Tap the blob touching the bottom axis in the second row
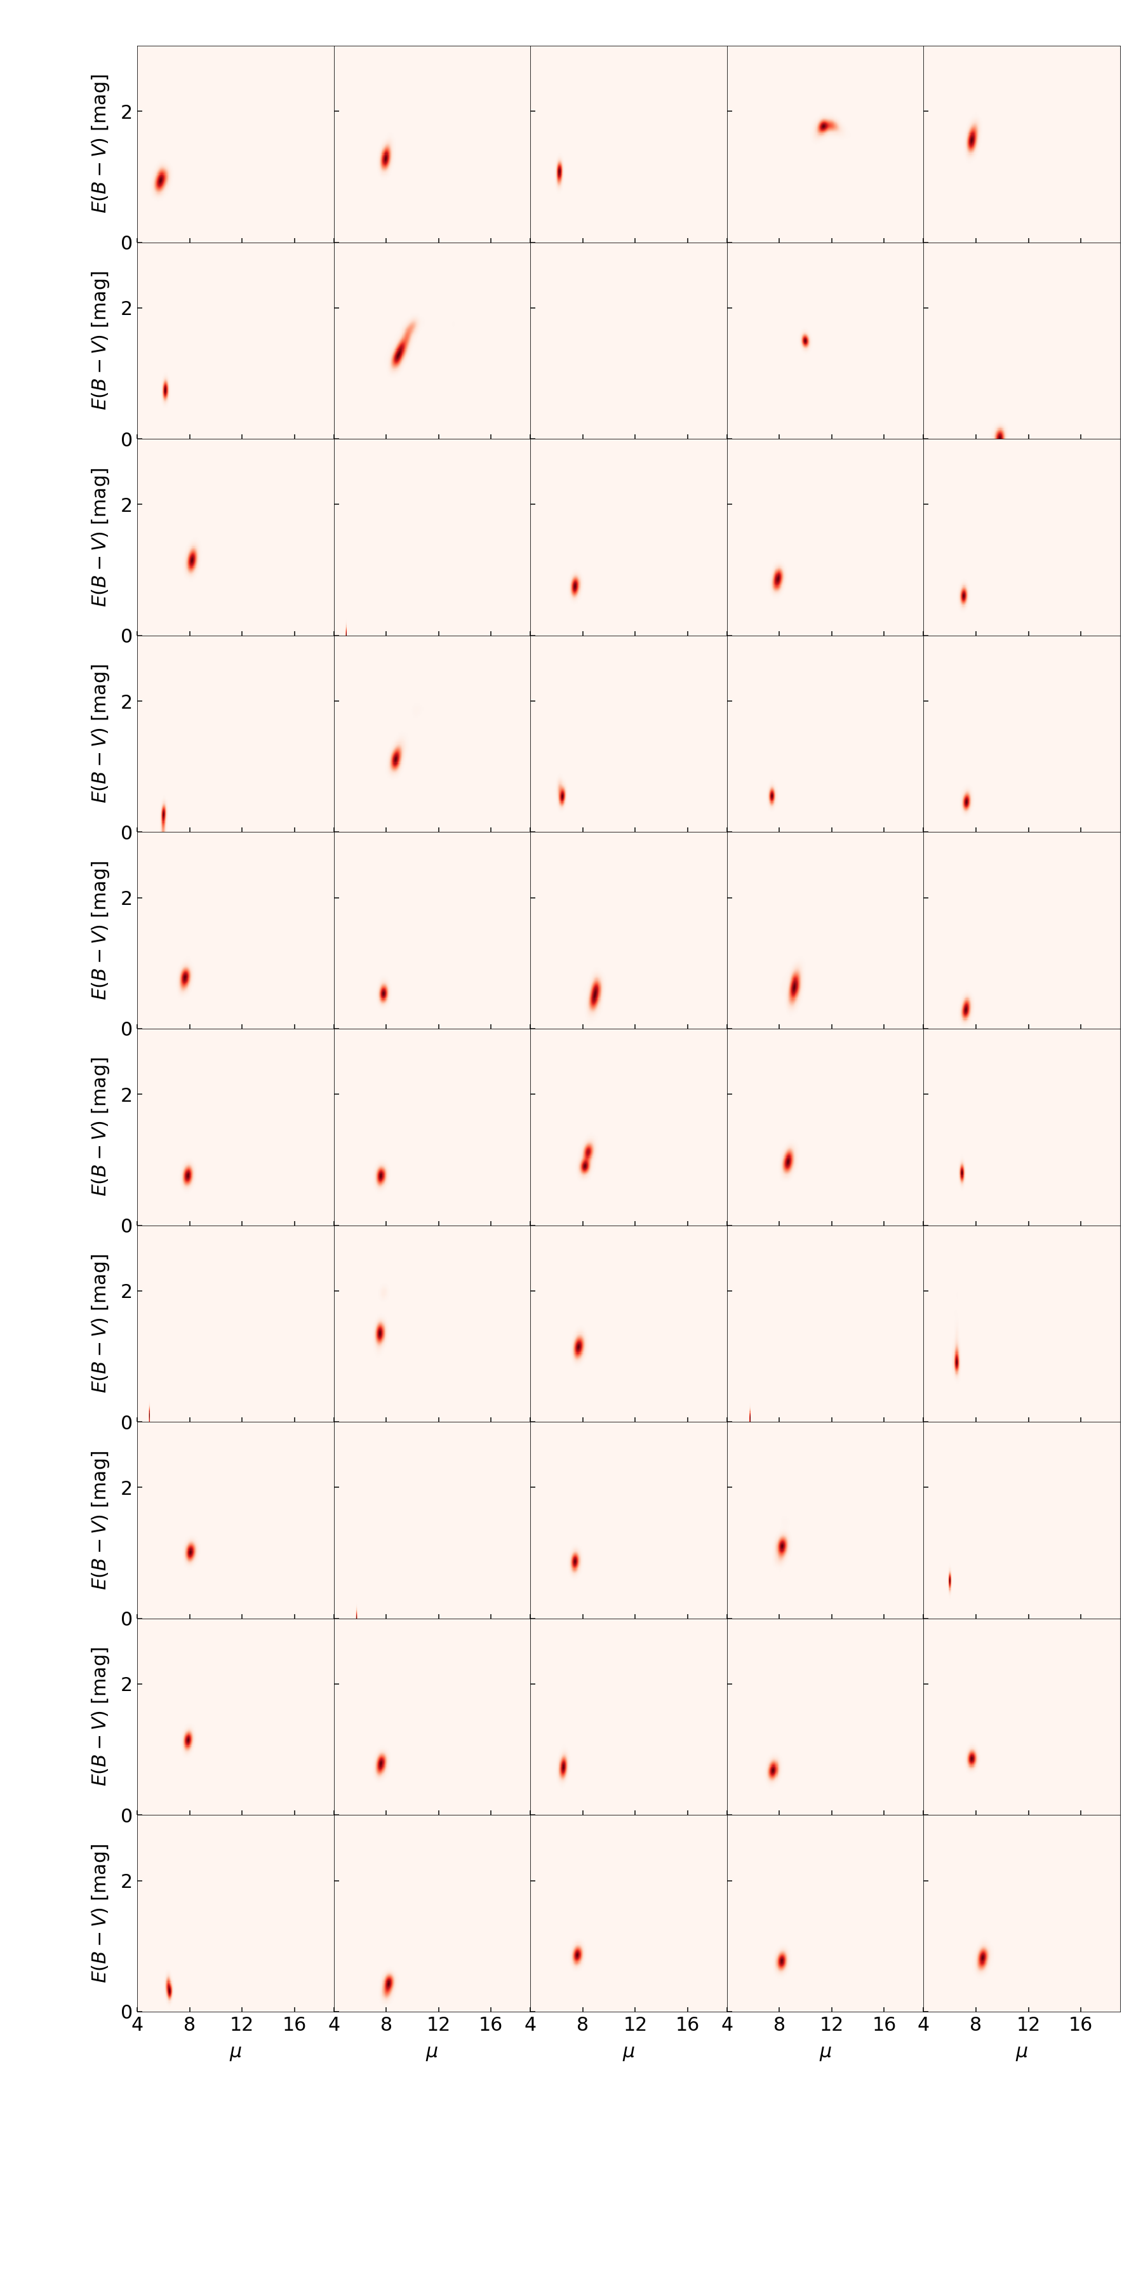pos(999,434)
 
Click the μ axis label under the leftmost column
pos(235,2051)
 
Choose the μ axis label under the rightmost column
pos(1022,2051)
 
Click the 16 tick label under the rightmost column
pos(1080,2024)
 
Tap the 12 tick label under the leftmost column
pos(241,2024)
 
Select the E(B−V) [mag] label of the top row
pos(100,144)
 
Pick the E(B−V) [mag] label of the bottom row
pos(100,1913)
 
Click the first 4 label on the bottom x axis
pos(138,2024)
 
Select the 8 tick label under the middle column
pos(582,2024)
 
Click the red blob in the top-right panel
pos(972,139)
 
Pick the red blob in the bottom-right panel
pos(982,1958)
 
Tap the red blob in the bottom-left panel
pos(169,1988)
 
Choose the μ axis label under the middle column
pos(628,2051)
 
